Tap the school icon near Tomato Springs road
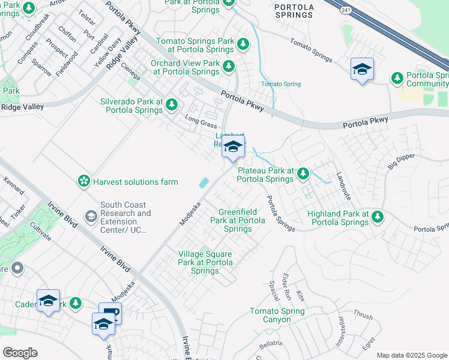point(362,69)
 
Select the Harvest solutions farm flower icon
point(83,181)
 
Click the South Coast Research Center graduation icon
point(91,216)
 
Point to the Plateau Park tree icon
point(303,174)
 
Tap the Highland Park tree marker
point(378,216)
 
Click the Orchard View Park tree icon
point(228,66)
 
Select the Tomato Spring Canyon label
point(277,315)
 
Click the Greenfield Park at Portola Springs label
point(238,220)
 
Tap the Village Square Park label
point(205,263)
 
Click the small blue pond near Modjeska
point(203,182)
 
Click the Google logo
point(20,353)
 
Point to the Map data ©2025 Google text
point(411,355)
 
